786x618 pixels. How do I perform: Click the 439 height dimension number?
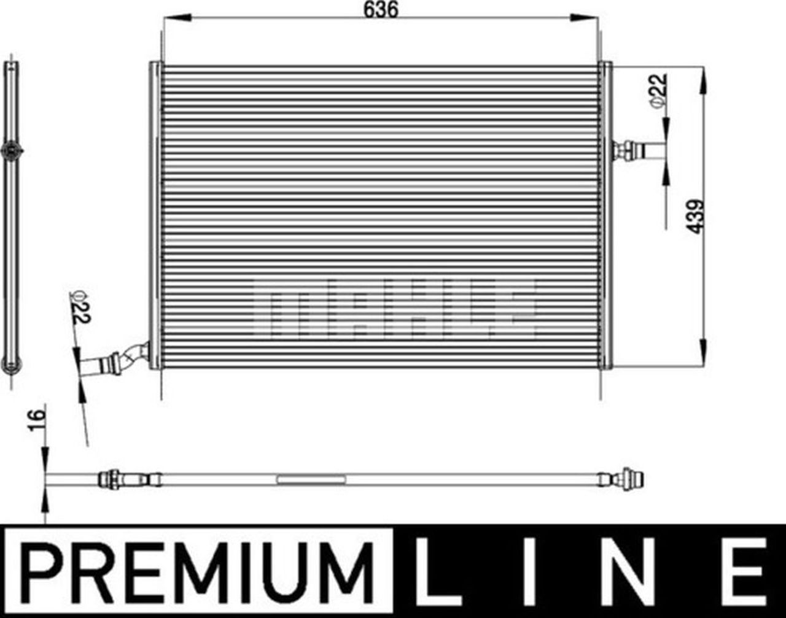[x=695, y=216]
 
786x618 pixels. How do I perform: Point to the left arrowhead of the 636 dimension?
[x=172, y=19]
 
